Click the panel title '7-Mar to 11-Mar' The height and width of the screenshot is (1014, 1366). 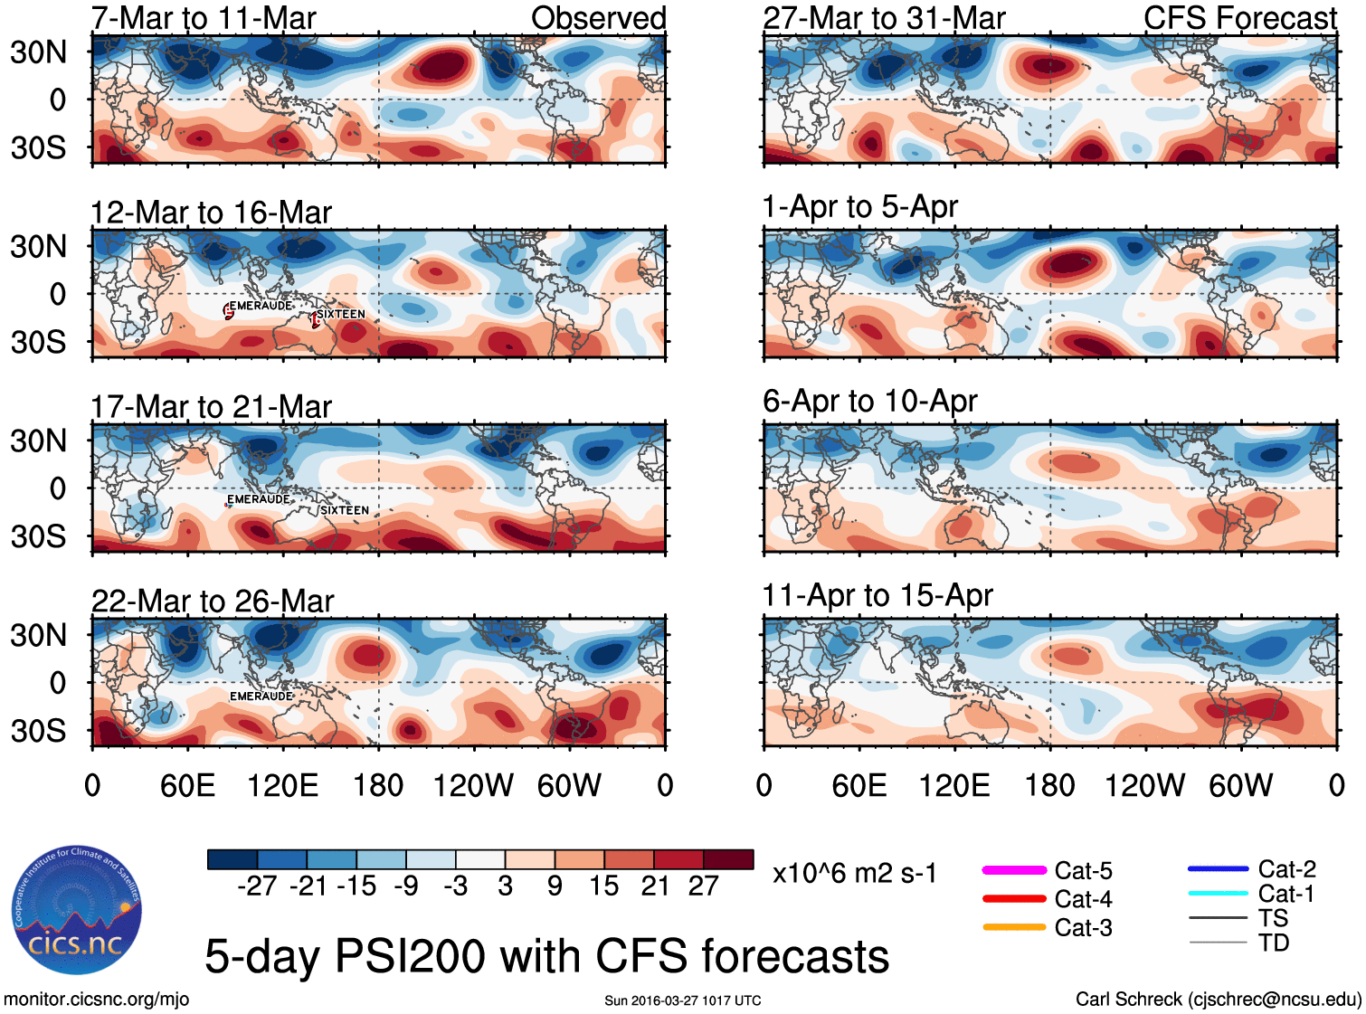[x=204, y=18]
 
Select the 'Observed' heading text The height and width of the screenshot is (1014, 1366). [x=598, y=18]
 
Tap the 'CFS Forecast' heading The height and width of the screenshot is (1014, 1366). [x=1239, y=18]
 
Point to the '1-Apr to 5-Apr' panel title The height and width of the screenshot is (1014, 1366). [x=859, y=207]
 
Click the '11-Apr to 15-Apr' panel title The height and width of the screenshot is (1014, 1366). [x=877, y=596]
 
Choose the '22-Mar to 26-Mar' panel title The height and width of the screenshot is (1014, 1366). [x=213, y=602]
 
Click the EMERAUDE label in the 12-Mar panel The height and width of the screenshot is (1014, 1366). [x=261, y=306]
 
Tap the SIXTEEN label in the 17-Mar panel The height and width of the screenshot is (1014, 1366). [x=345, y=510]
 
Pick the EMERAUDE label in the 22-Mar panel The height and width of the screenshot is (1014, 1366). [x=261, y=697]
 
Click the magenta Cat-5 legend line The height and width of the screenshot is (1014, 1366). [x=1014, y=870]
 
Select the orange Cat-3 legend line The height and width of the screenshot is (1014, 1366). [x=1014, y=927]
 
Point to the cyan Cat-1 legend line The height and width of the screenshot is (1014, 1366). [x=1218, y=894]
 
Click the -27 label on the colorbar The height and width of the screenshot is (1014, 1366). [x=257, y=886]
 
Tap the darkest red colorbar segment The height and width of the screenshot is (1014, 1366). [x=728, y=859]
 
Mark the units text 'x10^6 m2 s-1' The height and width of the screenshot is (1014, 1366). [x=854, y=874]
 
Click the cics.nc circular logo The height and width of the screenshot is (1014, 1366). [x=77, y=911]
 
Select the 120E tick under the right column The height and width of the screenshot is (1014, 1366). [x=954, y=786]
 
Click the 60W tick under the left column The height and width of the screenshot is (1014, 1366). [x=569, y=786]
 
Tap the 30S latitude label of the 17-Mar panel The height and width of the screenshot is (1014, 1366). [x=38, y=536]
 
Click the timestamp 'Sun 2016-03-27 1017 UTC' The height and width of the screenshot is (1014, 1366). [x=682, y=1000]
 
